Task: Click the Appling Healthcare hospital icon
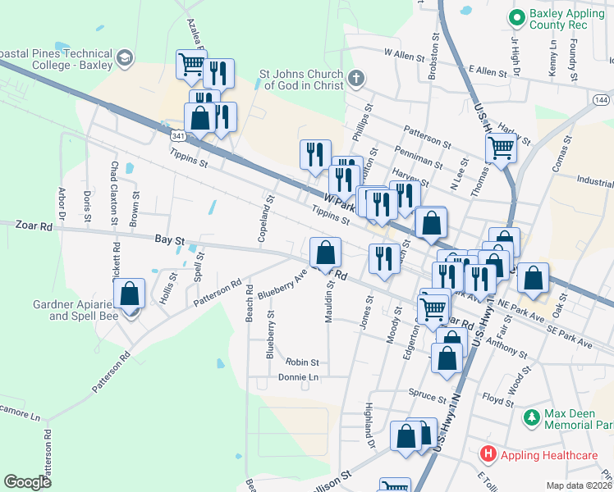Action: pos(488,453)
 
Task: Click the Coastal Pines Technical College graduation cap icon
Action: pos(124,57)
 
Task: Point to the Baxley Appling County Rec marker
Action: pos(517,16)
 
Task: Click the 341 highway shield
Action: pos(179,134)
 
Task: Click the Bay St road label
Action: pos(167,240)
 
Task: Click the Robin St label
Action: pos(302,362)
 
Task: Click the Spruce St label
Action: pos(427,395)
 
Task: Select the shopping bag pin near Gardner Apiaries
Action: pos(130,295)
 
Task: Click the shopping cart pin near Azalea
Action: pos(191,65)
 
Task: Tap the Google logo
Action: pos(27,482)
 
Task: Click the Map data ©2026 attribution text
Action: pos(579,485)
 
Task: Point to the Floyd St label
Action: pos(497,401)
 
